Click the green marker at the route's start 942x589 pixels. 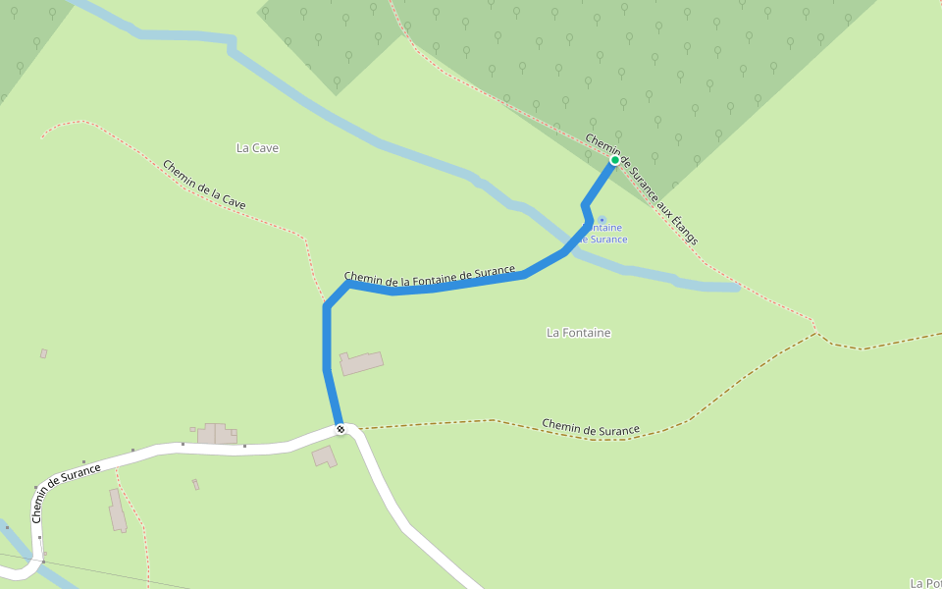tap(615, 160)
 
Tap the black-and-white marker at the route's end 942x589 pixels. tap(340, 428)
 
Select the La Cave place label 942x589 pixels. tap(258, 148)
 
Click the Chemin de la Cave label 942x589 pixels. tap(204, 185)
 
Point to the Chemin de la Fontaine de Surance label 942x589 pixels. tap(430, 277)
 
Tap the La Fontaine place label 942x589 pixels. tap(578, 333)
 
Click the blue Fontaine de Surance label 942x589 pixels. tap(604, 234)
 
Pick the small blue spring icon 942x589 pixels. tap(602, 220)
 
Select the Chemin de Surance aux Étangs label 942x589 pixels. tap(642, 188)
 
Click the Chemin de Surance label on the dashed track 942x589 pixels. tap(591, 428)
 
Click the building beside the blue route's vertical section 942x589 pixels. tap(361, 363)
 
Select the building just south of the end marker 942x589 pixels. tap(325, 455)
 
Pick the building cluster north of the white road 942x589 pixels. tap(217, 434)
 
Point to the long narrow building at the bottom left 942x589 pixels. tap(117, 510)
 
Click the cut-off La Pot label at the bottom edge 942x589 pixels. tap(925, 583)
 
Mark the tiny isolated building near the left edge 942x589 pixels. tap(43, 353)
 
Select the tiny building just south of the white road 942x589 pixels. tap(195, 484)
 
